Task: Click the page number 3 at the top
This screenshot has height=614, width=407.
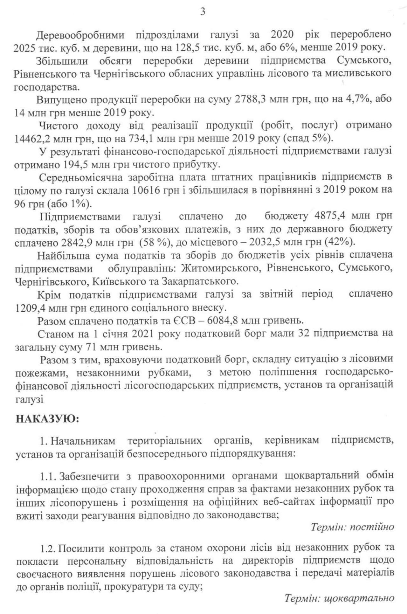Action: [x=203, y=12]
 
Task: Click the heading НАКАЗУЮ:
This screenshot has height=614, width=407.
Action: [x=47, y=418]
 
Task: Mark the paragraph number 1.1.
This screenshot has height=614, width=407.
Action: [x=48, y=476]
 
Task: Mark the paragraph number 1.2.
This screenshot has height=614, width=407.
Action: [x=48, y=548]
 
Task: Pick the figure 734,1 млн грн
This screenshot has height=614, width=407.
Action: [x=152, y=139]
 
